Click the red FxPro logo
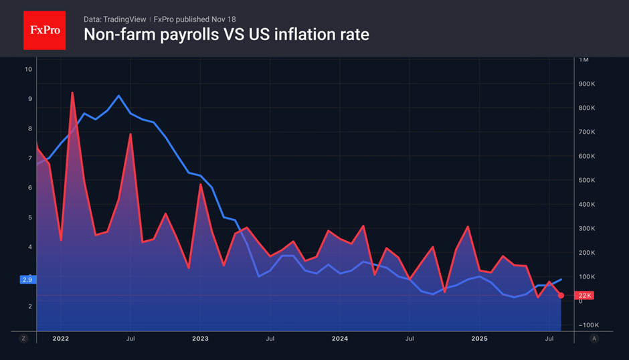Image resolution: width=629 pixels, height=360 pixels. point(44,30)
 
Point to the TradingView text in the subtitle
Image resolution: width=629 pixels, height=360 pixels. point(127,19)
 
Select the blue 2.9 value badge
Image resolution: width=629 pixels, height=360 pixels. point(27,279)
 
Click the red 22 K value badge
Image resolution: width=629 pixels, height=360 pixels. point(585,296)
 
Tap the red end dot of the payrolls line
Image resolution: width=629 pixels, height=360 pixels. point(561,295)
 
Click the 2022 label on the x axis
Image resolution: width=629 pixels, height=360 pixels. point(60,339)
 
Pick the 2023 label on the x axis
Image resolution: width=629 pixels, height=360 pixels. point(199,339)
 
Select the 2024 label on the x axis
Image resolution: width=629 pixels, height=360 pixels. point(339,339)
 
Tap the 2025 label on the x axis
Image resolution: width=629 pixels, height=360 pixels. point(479,339)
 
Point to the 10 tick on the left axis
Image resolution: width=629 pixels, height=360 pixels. point(28,69)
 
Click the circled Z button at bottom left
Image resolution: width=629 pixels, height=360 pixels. point(23,339)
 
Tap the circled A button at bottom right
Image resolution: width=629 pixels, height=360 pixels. point(593,339)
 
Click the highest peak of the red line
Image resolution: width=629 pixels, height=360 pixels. point(72,93)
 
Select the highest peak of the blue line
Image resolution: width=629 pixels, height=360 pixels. point(118,96)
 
